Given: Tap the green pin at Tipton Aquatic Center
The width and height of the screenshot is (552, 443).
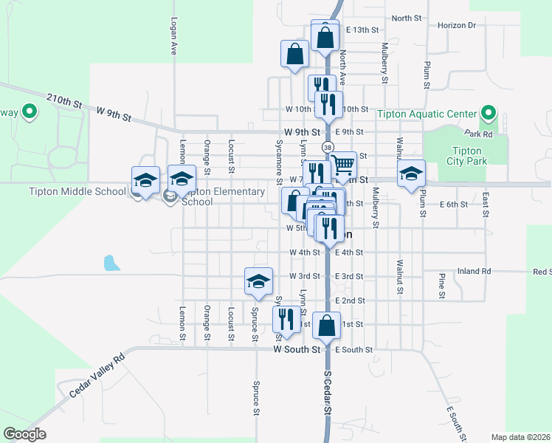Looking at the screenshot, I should click(x=488, y=114).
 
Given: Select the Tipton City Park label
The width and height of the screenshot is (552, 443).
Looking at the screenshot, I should click(x=466, y=156).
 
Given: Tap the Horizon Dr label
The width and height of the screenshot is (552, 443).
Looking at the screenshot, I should click(x=457, y=25).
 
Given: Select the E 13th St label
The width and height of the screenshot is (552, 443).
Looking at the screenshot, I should click(x=361, y=30).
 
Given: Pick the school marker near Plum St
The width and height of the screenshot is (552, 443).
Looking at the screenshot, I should click(x=411, y=174).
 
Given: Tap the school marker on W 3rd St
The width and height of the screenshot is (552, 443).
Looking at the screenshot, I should click(x=258, y=281).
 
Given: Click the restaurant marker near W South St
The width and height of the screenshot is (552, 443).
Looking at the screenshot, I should click(x=286, y=319).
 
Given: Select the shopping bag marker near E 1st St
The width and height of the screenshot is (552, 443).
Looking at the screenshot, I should click(x=326, y=324).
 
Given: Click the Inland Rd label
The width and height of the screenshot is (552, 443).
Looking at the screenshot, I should click(x=474, y=271).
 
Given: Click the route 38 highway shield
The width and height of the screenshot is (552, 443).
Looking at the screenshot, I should click(x=325, y=145).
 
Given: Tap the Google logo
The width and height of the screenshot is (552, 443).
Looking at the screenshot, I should click(x=24, y=433).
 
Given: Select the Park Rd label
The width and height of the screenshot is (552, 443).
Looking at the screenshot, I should click(x=479, y=134).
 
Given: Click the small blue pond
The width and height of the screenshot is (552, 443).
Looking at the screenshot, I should click(x=111, y=262).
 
